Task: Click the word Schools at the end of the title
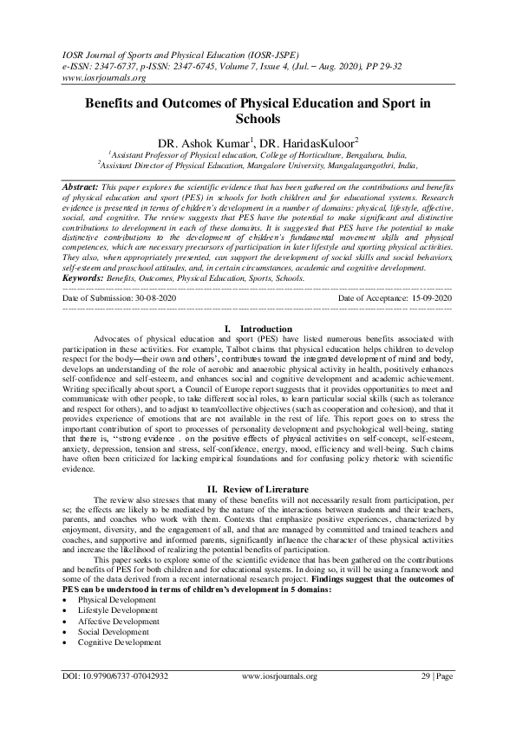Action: [258, 118]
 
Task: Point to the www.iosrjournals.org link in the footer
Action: [279, 698]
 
